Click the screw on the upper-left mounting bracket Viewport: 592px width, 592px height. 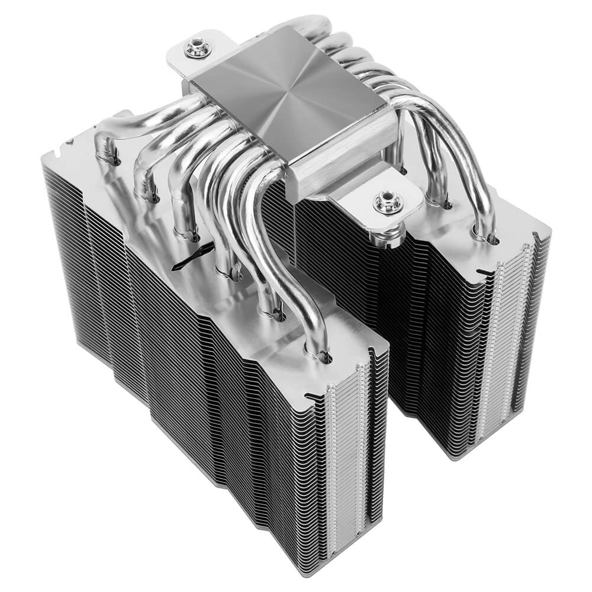[x=197, y=48]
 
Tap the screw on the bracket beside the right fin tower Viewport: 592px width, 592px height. [x=388, y=202]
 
